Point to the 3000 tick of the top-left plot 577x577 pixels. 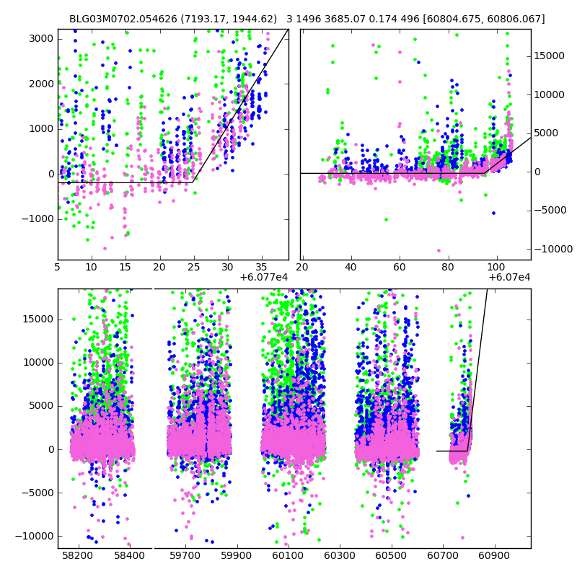coord(42,38)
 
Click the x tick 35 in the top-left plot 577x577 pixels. coord(261,268)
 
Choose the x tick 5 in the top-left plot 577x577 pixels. coord(58,268)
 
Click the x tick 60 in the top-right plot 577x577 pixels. coord(400,268)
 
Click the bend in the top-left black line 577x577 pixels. coord(193,182)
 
